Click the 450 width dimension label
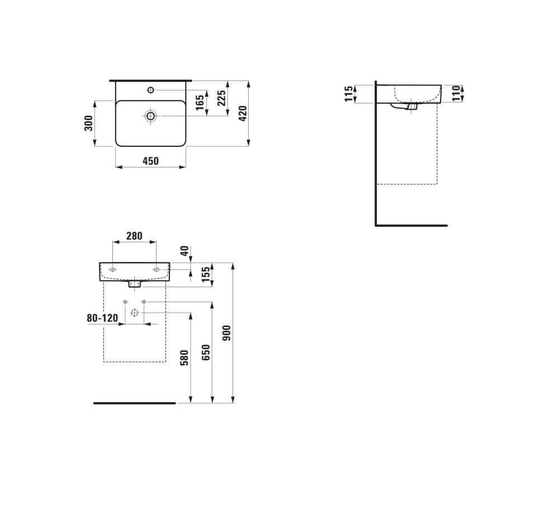pyautogui.click(x=150, y=161)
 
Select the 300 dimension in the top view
pyautogui.click(x=89, y=123)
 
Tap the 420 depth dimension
pyautogui.click(x=243, y=113)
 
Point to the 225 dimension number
pyautogui.click(x=222, y=98)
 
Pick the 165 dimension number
pyautogui.click(x=200, y=103)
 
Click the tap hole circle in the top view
pyautogui.click(x=150, y=90)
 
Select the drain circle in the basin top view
pyautogui.click(x=150, y=116)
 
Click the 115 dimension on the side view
pyautogui.click(x=349, y=94)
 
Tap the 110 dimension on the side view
pyautogui.click(x=456, y=93)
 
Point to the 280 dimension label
pyautogui.click(x=134, y=236)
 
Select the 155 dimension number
pyautogui.click(x=206, y=275)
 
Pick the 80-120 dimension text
pyautogui.click(x=102, y=318)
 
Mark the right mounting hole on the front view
pyautogui.click(x=156, y=270)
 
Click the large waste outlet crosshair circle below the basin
pyautogui.click(x=134, y=313)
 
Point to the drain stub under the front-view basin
pyautogui.click(x=134, y=284)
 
